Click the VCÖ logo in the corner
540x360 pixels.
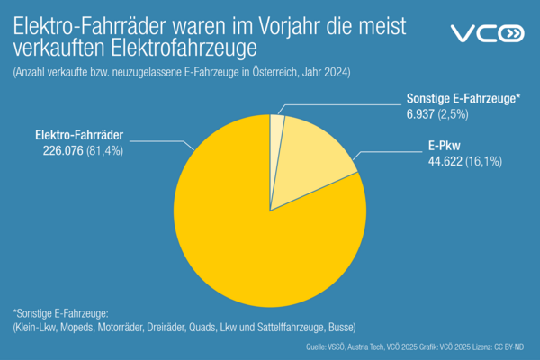point(486,34)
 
